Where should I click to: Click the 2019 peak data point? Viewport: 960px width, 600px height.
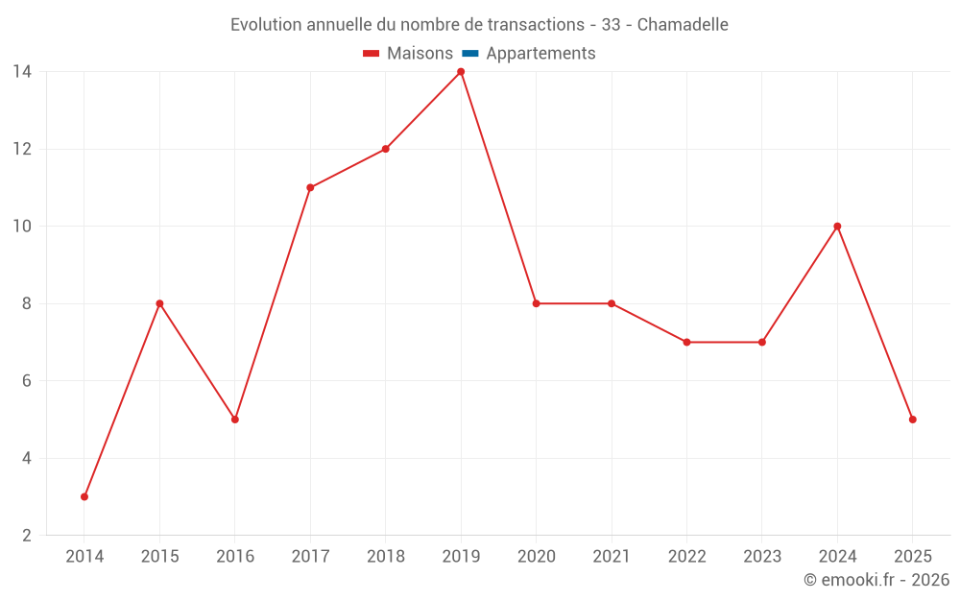click(461, 72)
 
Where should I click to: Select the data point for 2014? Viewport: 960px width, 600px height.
click(84, 496)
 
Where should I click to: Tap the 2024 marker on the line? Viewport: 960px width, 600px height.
click(837, 227)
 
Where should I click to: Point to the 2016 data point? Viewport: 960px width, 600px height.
click(235, 420)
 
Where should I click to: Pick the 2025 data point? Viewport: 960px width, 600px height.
click(912, 420)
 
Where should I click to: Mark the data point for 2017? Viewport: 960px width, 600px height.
click(310, 188)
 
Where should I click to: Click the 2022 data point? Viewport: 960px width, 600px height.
click(686, 342)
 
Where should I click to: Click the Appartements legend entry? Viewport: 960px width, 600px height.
click(540, 54)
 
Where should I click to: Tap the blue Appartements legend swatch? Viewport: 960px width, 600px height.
click(470, 54)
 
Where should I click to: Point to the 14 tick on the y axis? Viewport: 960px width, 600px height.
click(22, 72)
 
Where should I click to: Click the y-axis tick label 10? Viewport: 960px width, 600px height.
click(22, 227)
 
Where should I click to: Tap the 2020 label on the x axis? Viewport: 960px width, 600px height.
click(536, 557)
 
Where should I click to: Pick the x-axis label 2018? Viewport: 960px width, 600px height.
click(385, 557)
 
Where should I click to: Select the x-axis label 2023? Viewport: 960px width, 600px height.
click(762, 557)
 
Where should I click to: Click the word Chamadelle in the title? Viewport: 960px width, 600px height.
click(683, 25)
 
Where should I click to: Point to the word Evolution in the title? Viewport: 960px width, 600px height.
click(266, 25)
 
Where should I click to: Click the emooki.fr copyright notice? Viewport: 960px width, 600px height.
click(876, 580)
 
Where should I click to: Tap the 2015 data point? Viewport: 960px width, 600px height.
click(159, 303)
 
